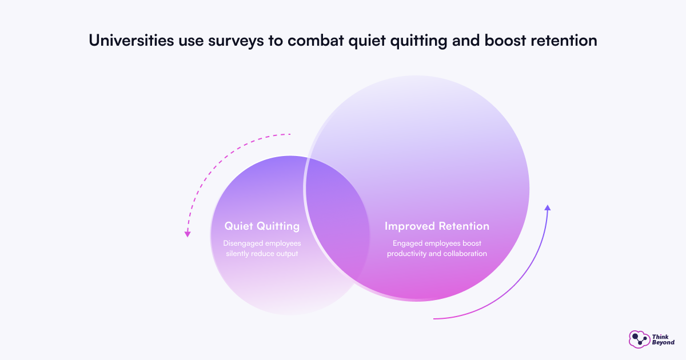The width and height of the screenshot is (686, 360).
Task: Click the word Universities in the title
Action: [131, 41]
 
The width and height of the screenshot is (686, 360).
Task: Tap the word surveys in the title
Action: [236, 42]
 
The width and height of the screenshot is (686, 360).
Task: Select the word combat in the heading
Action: [316, 41]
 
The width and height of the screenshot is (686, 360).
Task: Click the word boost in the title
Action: [505, 41]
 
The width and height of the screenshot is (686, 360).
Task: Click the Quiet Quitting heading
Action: [262, 226]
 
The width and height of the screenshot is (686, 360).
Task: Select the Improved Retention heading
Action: [437, 226]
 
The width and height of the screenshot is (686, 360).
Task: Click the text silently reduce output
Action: [262, 254]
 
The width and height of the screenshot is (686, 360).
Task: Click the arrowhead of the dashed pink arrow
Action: [188, 234]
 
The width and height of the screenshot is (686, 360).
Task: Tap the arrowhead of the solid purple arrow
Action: [548, 208]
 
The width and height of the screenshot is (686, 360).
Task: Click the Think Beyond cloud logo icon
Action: [639, 339]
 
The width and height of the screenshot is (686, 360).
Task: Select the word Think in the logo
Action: [660, 337]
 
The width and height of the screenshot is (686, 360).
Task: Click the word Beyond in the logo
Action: [663, 342]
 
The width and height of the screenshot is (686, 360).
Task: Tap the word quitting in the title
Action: [418, 42]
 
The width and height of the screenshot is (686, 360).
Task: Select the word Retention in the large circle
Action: [463, 226]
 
